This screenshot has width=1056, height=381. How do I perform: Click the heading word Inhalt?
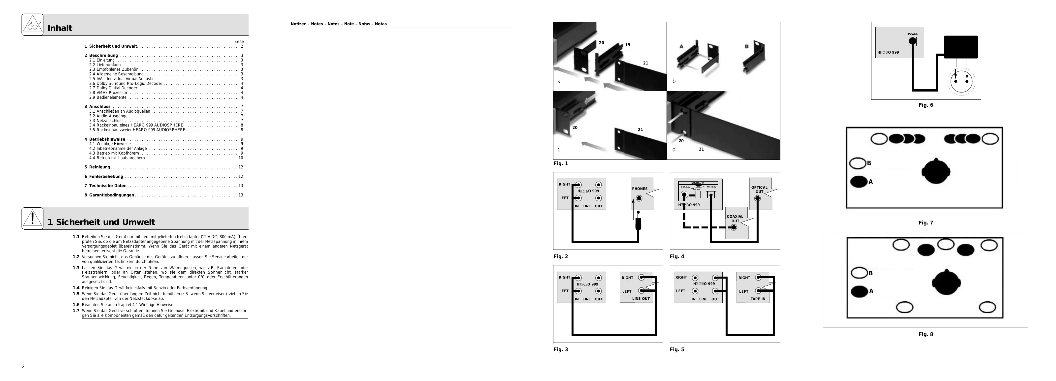pos(60,28)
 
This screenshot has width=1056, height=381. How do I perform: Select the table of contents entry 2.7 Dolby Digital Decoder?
pos(113,88)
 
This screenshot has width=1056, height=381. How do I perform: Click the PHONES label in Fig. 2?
pos(640,189)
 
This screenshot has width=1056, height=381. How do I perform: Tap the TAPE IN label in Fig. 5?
pos(758,299)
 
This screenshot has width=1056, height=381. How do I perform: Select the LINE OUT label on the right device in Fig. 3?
pos(641,299)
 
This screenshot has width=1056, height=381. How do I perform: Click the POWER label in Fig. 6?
pos(913,34)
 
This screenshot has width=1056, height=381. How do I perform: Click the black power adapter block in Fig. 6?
pos(960,47)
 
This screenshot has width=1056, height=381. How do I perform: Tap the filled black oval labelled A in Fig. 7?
pos(858,182)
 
